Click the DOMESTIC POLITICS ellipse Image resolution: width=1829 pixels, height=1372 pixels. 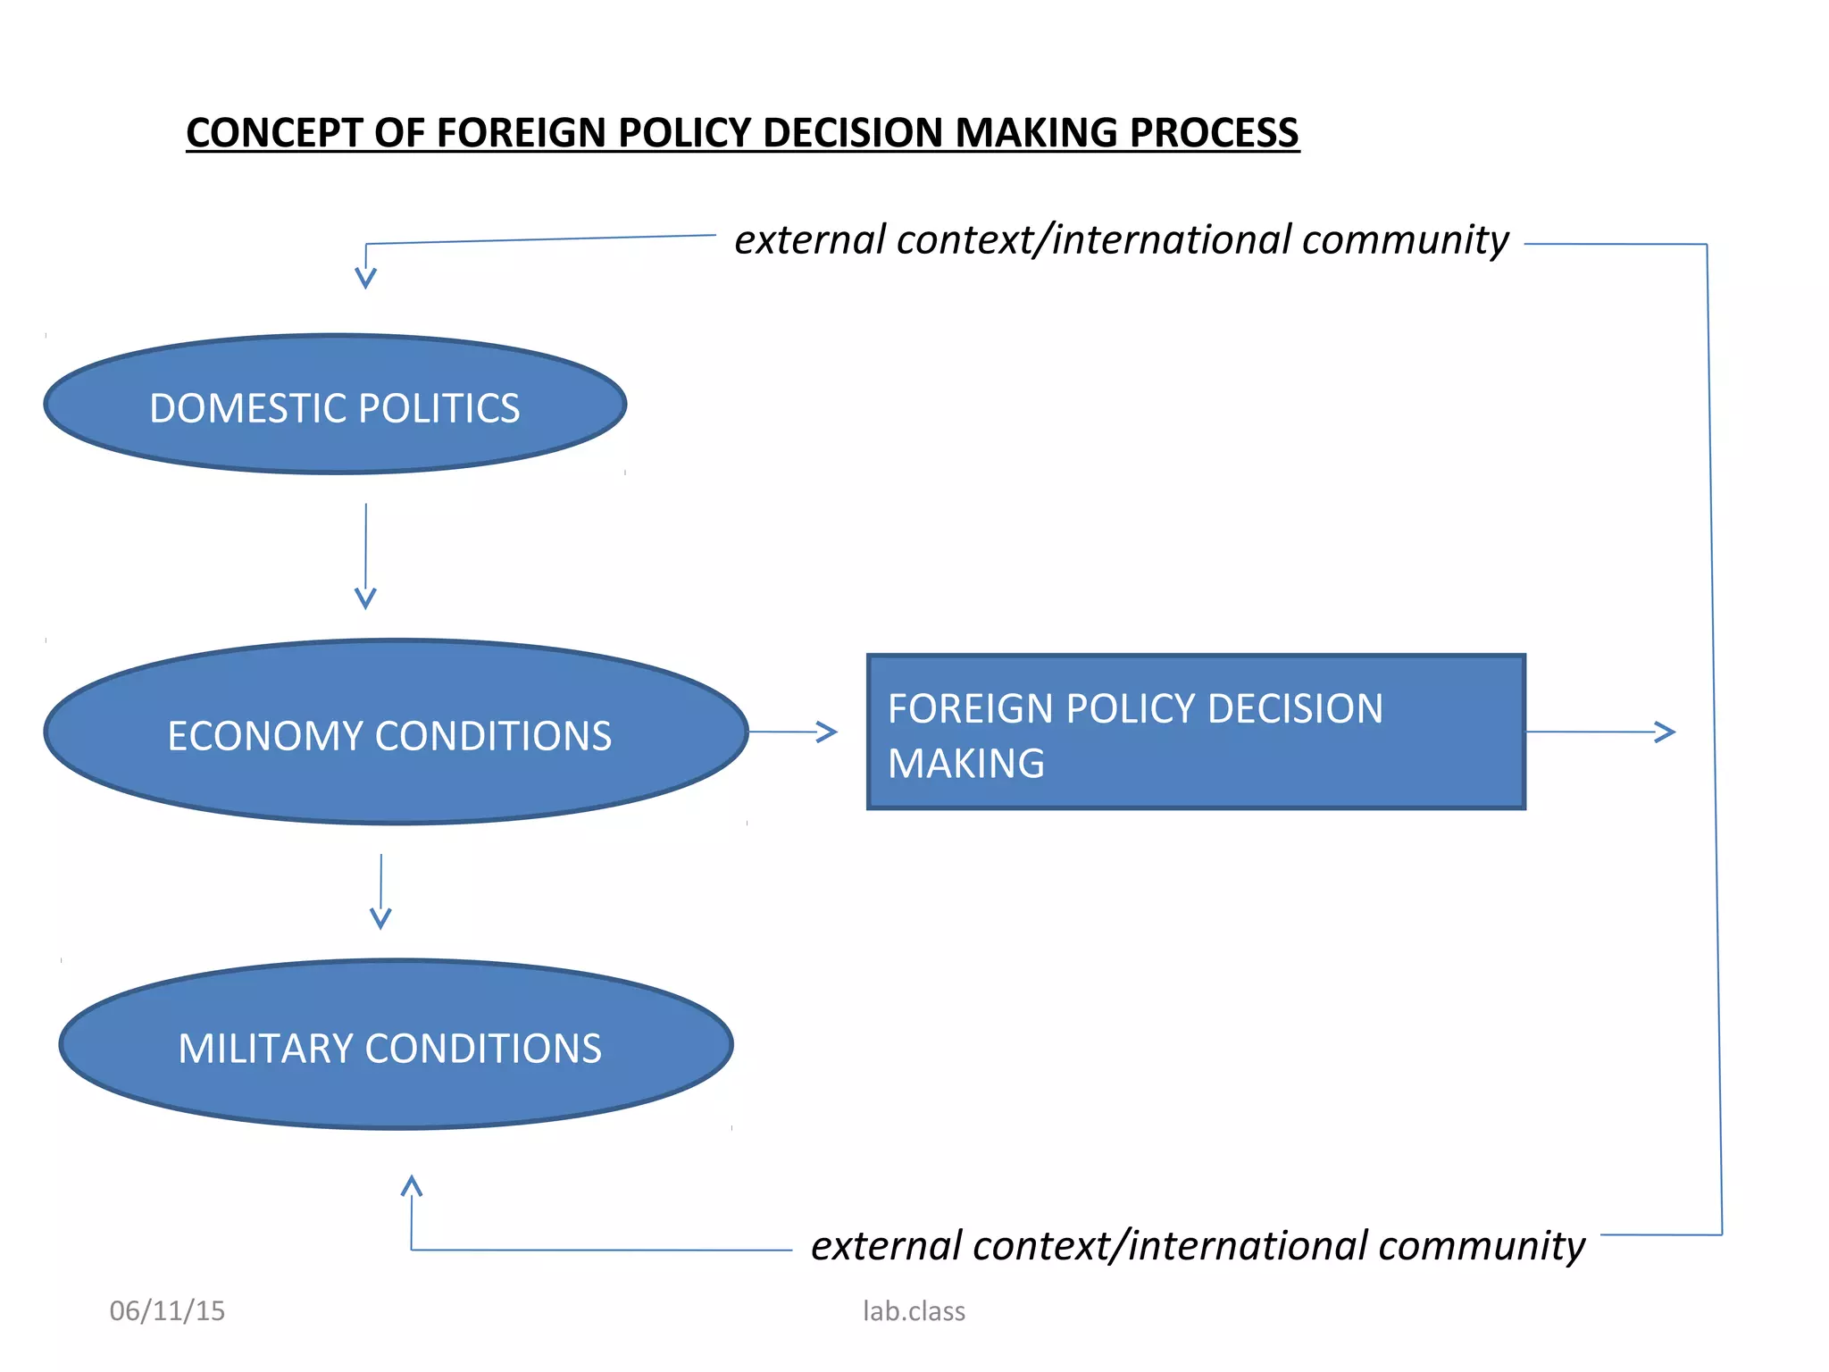[335, 405]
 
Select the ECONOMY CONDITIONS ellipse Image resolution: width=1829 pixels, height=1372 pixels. [396, 732]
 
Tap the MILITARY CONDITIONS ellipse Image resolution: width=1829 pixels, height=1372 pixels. [396, 1045]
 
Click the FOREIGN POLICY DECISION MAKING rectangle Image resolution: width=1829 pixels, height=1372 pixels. [1196, 732]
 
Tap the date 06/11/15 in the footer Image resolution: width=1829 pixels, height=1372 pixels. [167, 1311]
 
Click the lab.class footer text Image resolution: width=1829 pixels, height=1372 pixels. [914, 1311]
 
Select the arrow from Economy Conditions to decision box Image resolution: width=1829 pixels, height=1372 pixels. [793, 732]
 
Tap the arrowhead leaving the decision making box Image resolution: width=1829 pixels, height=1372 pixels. [1665, 732]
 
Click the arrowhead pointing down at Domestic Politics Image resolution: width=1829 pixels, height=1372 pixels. [365, 278]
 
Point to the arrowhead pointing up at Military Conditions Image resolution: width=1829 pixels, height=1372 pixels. [411, 1186]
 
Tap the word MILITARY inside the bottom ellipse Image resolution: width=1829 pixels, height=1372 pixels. [264, 1049]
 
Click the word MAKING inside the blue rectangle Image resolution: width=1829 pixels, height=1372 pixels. [966, 764]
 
